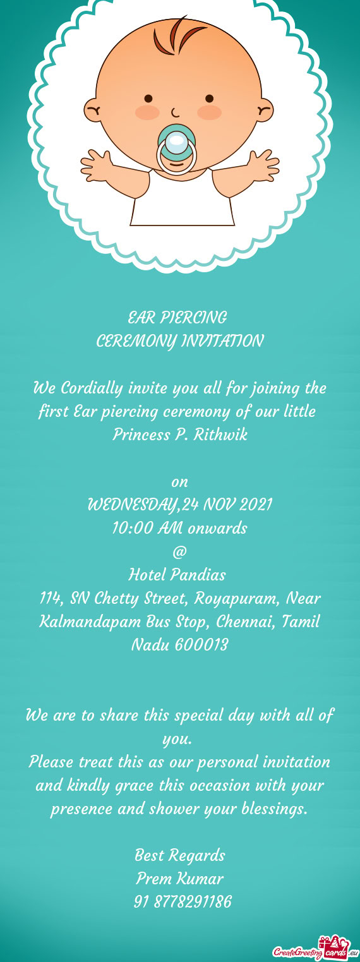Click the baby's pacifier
(x=176, y=148)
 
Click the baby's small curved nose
(x=176, y=112)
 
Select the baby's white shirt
(x=182, y=198)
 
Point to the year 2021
(x=255, y=505)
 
